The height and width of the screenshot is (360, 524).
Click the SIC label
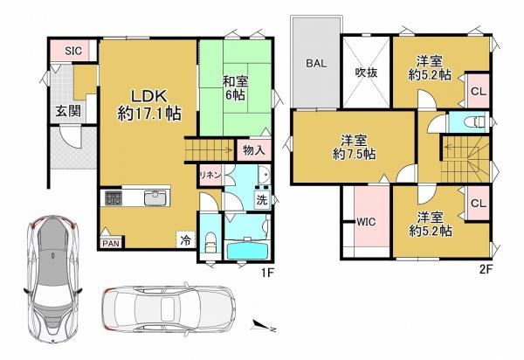tap(73, 51)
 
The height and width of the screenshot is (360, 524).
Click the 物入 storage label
tap(254, 151)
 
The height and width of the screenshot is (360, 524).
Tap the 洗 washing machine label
tap(261, 198)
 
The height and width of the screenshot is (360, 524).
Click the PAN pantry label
tap(110, 244)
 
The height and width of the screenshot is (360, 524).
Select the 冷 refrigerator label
tap(184, 238)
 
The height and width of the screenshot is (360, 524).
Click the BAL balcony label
tap(315, 63)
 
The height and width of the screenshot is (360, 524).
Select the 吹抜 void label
tap(365, 73)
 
